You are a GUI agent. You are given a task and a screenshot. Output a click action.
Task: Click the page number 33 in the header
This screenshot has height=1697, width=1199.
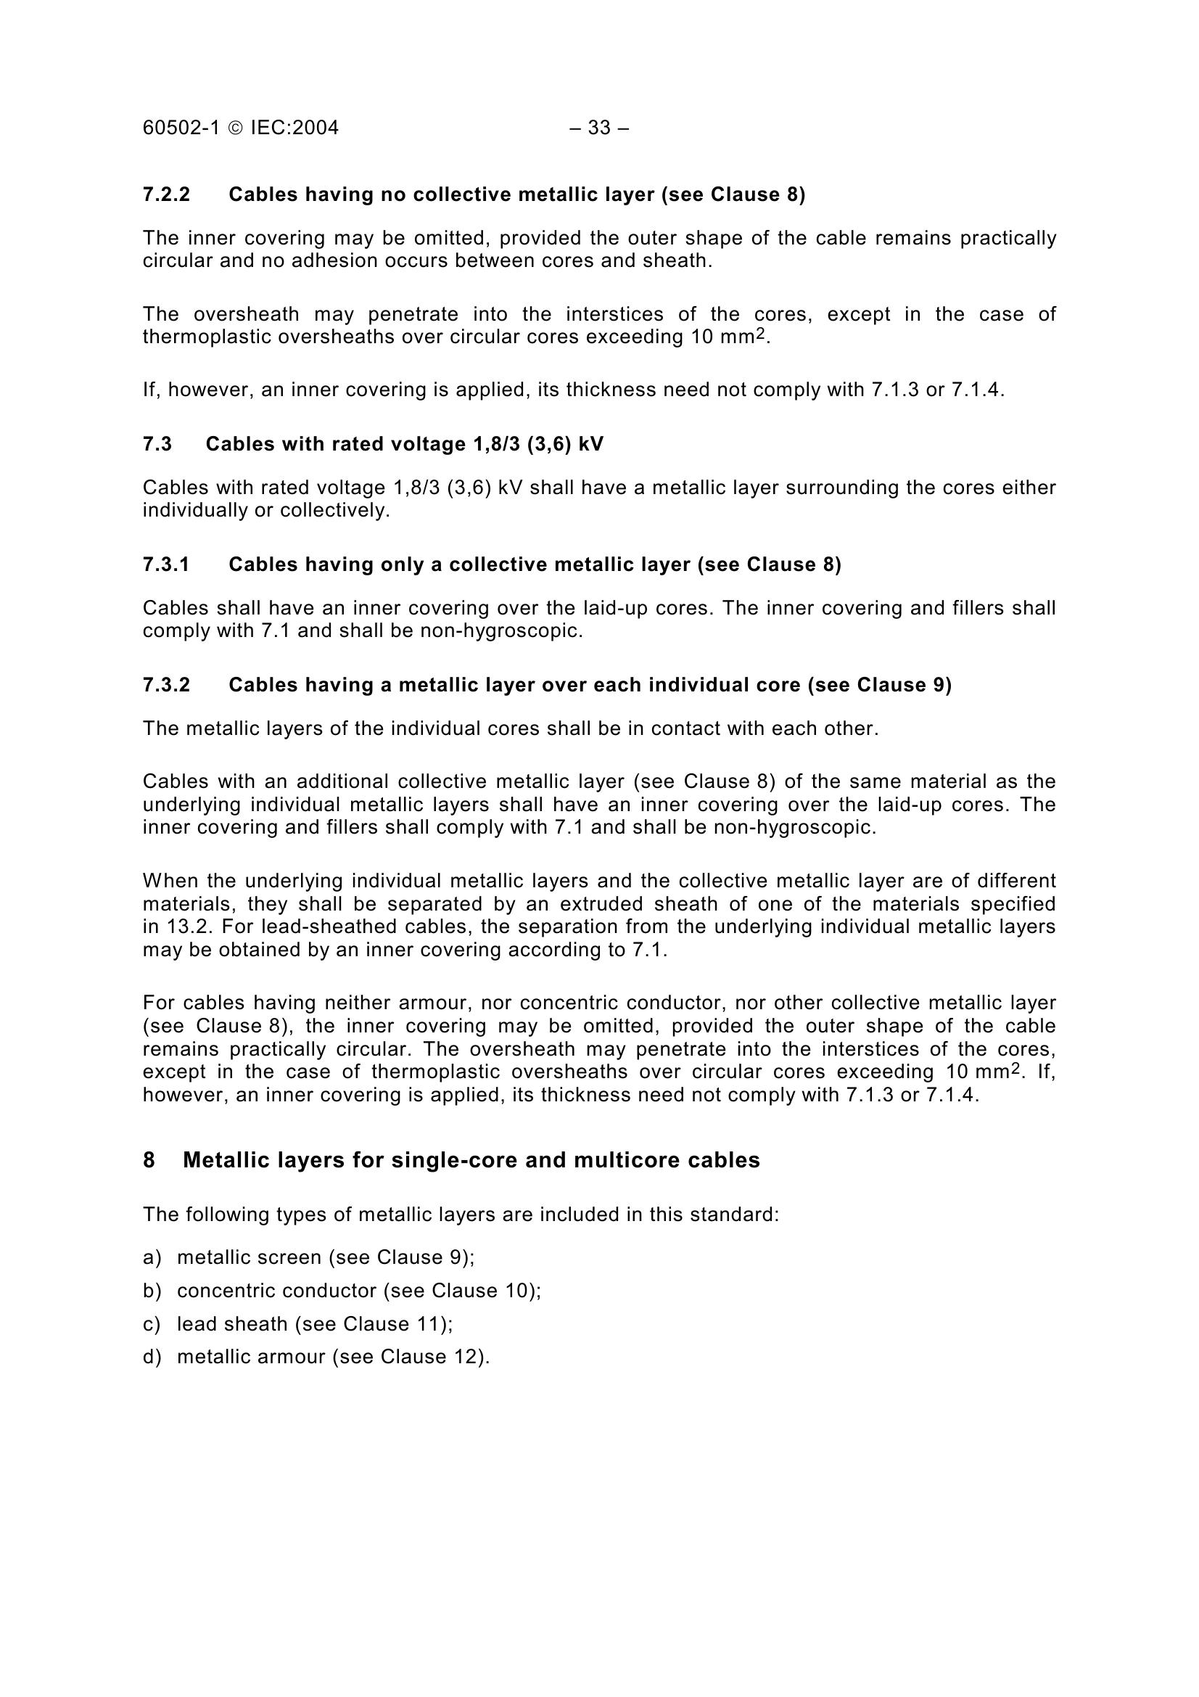[599, 128]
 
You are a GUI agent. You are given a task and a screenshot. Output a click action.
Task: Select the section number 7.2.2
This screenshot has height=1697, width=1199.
[166, 194]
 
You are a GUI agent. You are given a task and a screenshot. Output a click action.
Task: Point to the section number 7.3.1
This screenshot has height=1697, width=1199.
[166, 564]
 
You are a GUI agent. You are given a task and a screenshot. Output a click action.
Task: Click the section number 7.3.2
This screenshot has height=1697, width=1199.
[166, 685]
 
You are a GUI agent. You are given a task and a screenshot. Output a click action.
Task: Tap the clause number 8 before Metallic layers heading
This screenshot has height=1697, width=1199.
[149, 1160]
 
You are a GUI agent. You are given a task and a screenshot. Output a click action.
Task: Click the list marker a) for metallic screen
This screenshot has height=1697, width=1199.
[152, 1257]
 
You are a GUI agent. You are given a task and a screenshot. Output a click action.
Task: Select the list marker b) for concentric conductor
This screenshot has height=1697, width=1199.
[152, 1291]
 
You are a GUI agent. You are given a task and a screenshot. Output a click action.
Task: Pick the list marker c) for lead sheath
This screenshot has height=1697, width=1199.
[152, 1324]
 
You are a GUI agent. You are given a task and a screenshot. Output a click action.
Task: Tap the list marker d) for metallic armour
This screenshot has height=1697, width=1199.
[152, 1357]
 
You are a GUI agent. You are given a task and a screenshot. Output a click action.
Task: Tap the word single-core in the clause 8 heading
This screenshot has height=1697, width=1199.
[453, 1160]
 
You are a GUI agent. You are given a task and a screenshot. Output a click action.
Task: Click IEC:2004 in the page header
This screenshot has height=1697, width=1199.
[294, 128]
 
